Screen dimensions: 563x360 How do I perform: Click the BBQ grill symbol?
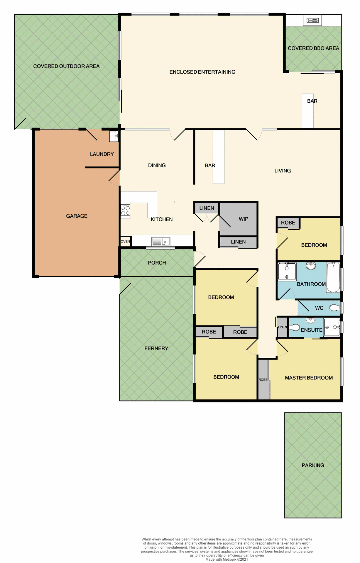point(312,21)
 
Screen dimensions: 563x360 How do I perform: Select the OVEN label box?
point(125,241)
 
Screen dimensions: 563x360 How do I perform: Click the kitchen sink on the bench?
point(161,241)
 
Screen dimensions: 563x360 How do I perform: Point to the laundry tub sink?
point(114,136)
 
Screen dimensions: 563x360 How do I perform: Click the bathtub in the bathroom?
point(333,277)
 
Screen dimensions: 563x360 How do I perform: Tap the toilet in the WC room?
point(335,308)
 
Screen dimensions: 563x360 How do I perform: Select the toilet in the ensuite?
point(295,328)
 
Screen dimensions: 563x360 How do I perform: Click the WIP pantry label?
point(244,219)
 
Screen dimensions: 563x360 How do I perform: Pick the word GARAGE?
point(77,216)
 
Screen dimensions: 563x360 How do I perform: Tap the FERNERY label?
point(156,348)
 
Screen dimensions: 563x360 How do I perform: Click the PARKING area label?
point(313,465)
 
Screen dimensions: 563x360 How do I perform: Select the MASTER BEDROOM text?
point(309,378)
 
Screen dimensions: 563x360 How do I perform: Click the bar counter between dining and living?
point(219,157)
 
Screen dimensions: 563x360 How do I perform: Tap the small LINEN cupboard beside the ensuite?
point(283,327)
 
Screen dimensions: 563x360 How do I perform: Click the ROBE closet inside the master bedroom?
point(263,379)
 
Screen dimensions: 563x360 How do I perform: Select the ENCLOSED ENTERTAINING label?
point(202,72)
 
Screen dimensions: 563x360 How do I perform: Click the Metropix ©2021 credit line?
point(227,559)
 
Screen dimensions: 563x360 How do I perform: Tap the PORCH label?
point(157,263)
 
